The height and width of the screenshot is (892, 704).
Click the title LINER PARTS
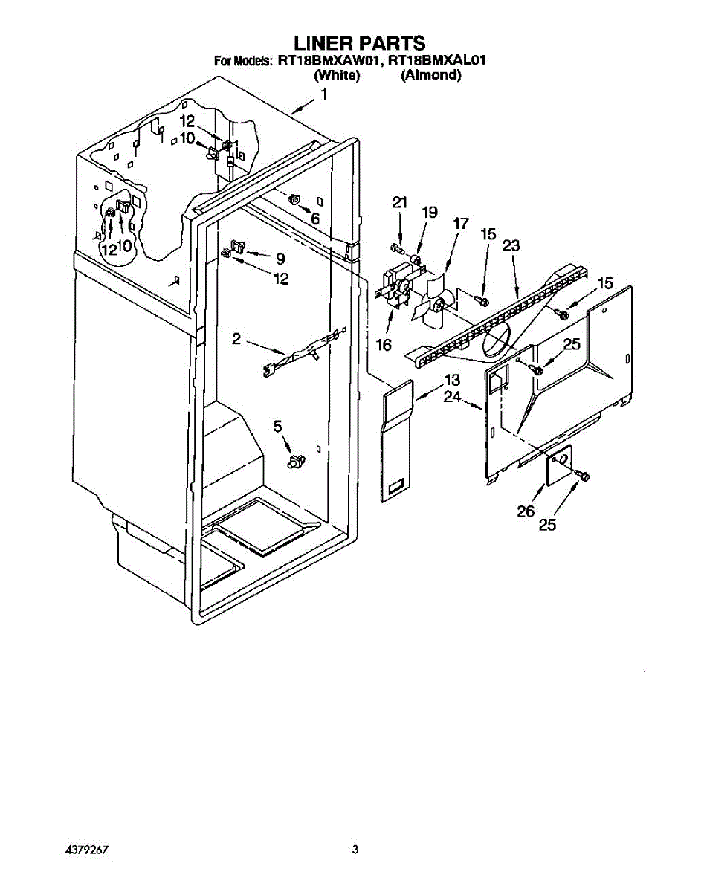coord(352,42)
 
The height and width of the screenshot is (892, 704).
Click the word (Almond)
coord(431,75)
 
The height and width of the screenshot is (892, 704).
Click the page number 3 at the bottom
coord(355,849)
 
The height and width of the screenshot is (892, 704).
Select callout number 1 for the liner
coord(324,94)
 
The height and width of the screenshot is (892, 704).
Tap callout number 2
coord(236,339)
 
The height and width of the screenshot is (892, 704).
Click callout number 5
coord(278,426)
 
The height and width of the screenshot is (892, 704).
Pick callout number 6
coord(315,219)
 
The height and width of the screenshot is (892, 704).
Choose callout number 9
coord(280,259)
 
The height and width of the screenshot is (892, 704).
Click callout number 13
coord(452,380)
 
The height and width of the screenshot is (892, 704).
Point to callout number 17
coord(461,222)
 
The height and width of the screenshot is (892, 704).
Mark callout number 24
coord(452,398)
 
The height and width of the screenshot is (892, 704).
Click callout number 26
coord(526,511)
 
